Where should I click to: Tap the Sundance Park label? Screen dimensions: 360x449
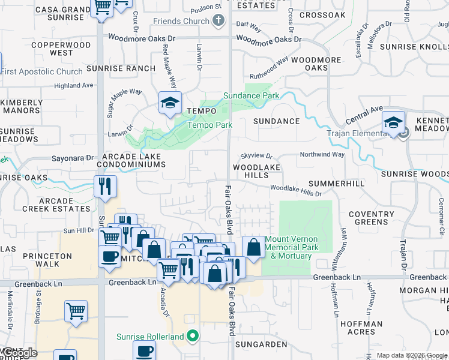[251, 95]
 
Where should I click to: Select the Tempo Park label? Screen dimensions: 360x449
[209, 125]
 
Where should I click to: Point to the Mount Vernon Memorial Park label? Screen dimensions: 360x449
[291, 247]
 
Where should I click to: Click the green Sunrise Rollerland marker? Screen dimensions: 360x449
[193, 337]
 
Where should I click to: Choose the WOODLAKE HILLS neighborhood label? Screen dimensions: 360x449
[251, 171]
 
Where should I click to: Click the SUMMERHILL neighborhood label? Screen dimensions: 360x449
[336, 183]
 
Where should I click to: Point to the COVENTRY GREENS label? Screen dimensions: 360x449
[371, 218]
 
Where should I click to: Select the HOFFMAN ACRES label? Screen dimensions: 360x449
[361, 328]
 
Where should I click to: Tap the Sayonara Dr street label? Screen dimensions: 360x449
[73, 158]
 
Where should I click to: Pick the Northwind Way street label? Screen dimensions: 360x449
[322, 154]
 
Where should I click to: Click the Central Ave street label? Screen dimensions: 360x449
[364, 112]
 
